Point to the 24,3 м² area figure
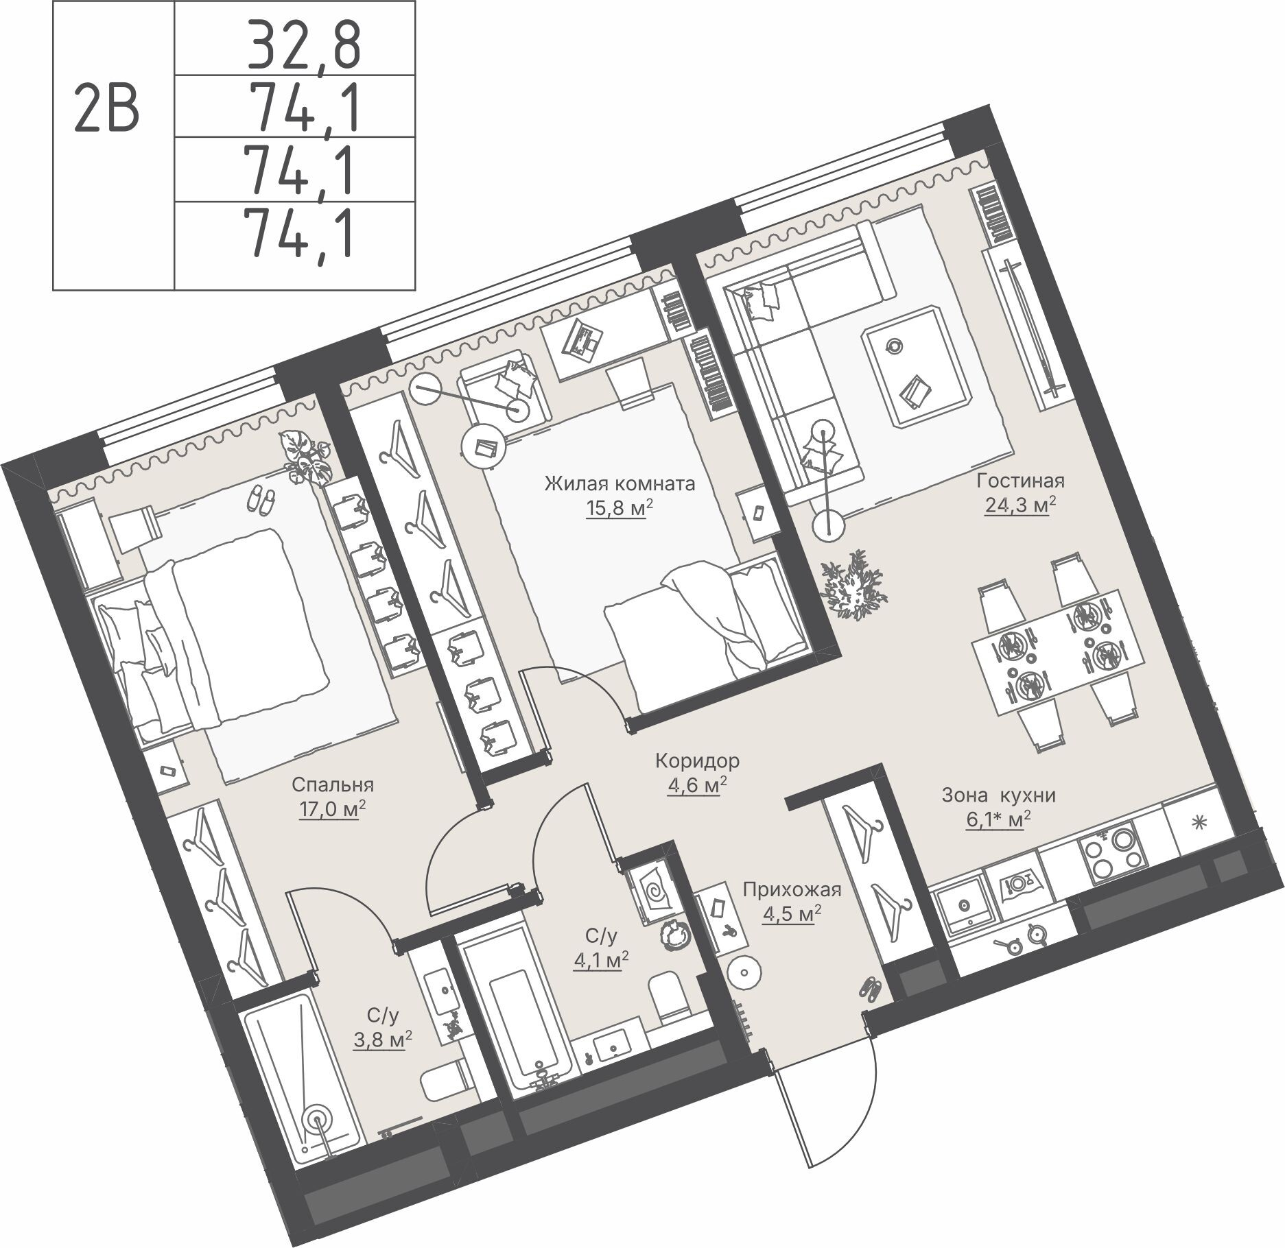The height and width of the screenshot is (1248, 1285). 1019,506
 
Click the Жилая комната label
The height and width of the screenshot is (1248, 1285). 620,484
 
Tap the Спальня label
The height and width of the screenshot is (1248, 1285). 332,784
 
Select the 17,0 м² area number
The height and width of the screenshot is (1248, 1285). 331,809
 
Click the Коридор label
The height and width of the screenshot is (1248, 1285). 697,760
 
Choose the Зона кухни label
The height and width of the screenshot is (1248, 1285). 998,795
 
